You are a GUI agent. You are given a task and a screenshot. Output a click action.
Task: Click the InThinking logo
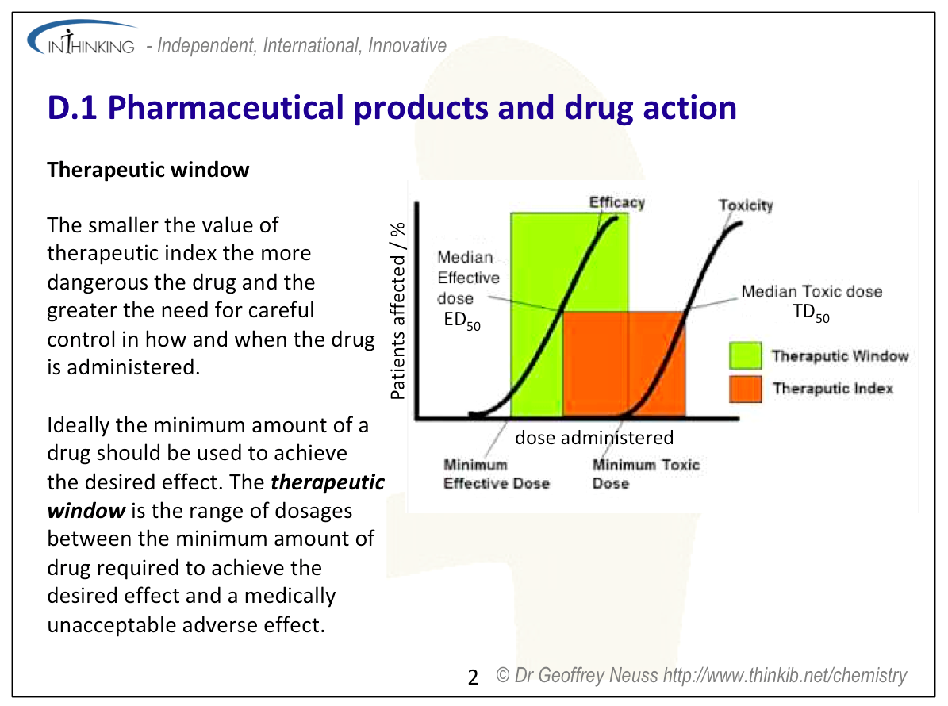(82, 38)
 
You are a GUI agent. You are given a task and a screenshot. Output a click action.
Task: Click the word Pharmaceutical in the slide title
(225, 108)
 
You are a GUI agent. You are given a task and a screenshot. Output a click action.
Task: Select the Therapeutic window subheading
(148, 170)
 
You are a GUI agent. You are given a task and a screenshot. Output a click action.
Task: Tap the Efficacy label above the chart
(616, 202)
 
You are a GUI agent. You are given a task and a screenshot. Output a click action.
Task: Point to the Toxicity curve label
(746, 205)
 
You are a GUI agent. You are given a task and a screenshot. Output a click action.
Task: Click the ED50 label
(462, 320)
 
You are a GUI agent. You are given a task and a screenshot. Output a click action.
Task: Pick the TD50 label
(811, 313)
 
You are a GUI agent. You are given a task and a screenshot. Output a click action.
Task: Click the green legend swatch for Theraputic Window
(745, 355)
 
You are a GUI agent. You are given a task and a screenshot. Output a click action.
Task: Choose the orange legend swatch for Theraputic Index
(745, 389)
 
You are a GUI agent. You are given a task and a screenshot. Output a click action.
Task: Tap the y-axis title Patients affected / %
(397, 311)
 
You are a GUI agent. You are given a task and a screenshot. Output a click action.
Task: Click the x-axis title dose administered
(593, 438)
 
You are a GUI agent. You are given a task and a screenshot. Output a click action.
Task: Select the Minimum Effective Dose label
(497, 474)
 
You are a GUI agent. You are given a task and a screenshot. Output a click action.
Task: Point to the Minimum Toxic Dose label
(646, 474)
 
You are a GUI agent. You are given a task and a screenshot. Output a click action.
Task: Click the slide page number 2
(473, 677)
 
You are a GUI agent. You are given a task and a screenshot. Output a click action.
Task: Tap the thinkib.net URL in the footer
(785, 675)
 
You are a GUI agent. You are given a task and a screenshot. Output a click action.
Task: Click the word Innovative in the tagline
(407, 45)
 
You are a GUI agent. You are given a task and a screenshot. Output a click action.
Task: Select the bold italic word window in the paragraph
(86, 512)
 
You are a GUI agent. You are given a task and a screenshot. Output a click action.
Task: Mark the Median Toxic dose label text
(812, 292)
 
